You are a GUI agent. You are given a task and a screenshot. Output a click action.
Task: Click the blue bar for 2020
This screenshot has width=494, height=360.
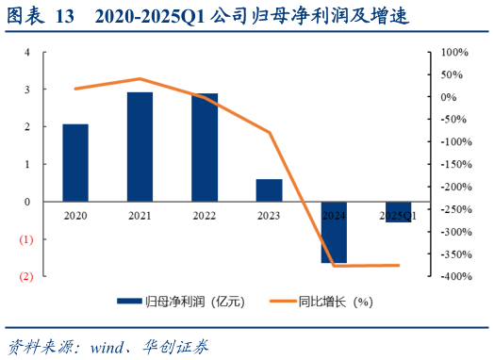tap(75, 163)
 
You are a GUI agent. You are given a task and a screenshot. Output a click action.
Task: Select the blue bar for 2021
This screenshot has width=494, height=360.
tap(140, 147)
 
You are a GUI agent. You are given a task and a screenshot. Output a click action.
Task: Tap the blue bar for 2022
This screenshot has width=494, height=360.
tap(205, 148)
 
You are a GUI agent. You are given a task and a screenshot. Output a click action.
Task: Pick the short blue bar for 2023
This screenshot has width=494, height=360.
tap(270, 190)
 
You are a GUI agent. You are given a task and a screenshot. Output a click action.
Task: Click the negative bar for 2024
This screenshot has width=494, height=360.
tap(334, 232)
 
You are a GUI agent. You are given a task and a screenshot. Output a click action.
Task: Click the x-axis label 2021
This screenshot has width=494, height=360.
tap(140, 216)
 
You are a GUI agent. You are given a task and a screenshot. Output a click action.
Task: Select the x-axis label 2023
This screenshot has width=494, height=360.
tap(270, 216)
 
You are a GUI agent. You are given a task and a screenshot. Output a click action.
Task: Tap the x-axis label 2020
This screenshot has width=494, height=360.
tap(75, 216)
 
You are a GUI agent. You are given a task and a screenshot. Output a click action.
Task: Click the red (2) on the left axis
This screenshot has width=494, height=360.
tap(27, 276)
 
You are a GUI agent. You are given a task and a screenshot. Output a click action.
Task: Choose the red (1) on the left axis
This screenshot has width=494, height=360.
tap(27, 239)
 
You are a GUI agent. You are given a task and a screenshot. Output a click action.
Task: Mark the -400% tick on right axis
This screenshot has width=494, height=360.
tap(453, 276)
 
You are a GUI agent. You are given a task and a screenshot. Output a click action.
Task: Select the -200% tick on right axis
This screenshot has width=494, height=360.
tap(453, 187)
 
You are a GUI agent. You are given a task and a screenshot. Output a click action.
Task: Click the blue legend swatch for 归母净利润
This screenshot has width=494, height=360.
tap(129, 303)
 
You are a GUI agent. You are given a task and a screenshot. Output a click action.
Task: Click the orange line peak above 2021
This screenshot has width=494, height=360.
tap(140, 79)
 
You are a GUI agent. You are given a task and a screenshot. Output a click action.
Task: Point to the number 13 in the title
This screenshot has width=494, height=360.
tap(64, 16)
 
